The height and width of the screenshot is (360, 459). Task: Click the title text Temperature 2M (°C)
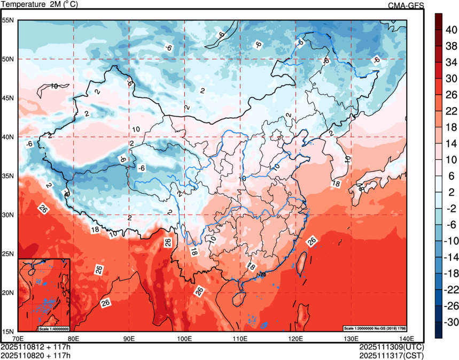[38, 5]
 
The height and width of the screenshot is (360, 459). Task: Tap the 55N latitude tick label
[8, 20]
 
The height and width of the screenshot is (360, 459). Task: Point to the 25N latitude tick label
[8, 254]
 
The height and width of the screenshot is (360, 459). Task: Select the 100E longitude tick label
[185, 338]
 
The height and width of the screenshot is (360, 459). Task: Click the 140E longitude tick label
[406, 338]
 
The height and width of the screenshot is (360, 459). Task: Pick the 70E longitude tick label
[18, 338]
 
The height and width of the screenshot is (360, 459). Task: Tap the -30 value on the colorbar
[452, 323]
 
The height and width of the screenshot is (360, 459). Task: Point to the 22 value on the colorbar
[452, 111]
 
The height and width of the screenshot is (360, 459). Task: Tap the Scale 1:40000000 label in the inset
[53, 328]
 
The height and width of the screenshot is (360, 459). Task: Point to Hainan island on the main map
[240, 295]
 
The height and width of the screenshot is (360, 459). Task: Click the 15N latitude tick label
[8, 332]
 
